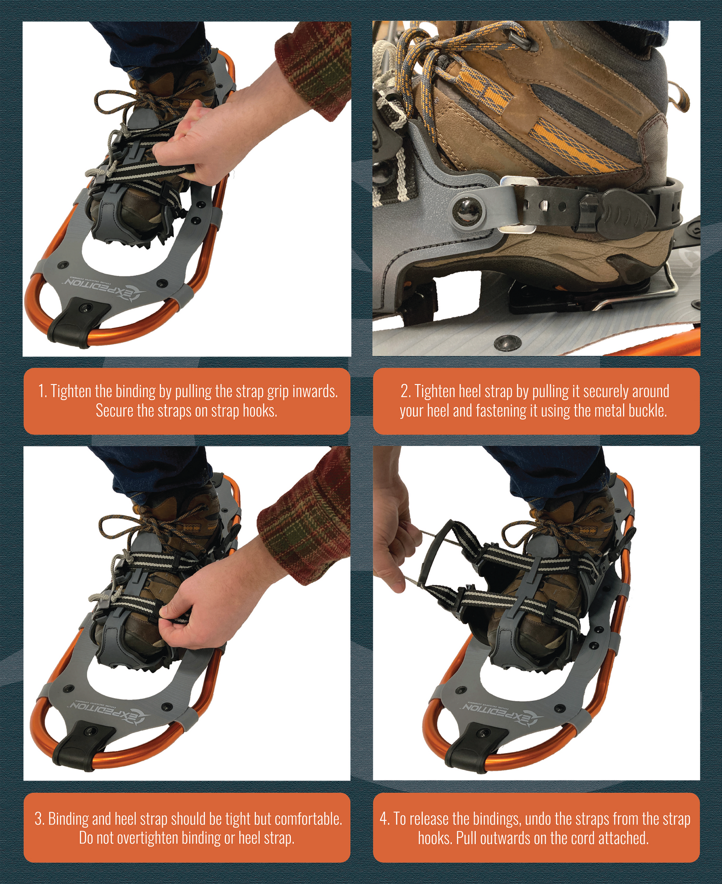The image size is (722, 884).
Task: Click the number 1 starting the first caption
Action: pos(42,391)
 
